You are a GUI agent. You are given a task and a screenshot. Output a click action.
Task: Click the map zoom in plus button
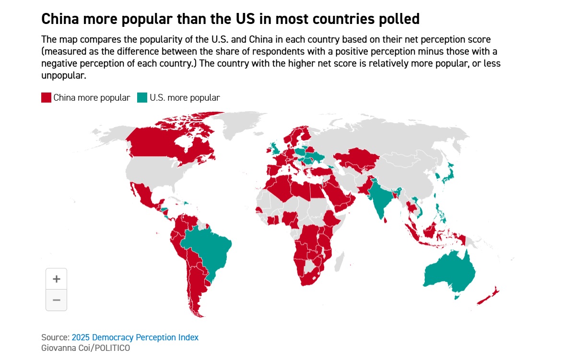click(x=56, y=279)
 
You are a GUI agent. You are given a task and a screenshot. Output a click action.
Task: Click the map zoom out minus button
click(x=56, y=300)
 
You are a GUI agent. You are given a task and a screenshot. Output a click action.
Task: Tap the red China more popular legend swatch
click(x=46, y=98)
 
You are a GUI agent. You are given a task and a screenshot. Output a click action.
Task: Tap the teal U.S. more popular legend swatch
click(x=142, y=98)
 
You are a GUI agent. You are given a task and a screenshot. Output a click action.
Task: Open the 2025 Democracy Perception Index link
click(x=135, y=337)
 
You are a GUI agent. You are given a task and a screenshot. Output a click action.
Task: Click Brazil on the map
click(x=211, y=249)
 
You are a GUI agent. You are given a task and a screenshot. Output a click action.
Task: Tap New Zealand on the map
click(x=489, y=297)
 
